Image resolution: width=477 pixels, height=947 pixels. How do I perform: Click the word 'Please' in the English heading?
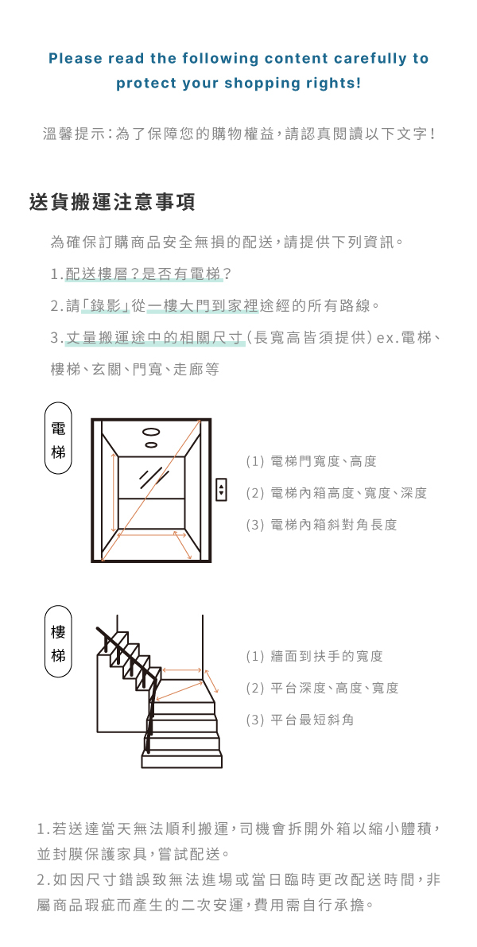pyautogui.click(x=74, y=59)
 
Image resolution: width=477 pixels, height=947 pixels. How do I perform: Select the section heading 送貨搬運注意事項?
pyautogui.click(x=112, y=202)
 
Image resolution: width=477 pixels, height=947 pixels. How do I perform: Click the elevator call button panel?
pyautogui.click(x=221, y=490)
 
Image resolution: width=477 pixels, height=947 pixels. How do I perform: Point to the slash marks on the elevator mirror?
pyautogui.click(x=153, y=477)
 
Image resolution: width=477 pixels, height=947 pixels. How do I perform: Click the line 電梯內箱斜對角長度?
pyautogui.click(x=321, y=525)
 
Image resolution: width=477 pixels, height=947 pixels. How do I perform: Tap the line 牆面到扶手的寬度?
pyautogui.click(x=315, y=657)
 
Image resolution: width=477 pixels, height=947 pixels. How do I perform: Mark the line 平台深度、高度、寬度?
pyautogui.click(x=322, y=689)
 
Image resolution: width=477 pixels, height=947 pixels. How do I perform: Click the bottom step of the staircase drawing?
pyautogui.click(x=180, y=761)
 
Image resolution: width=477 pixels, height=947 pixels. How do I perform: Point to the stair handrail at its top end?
pyautogui.click(x=102, y=631)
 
